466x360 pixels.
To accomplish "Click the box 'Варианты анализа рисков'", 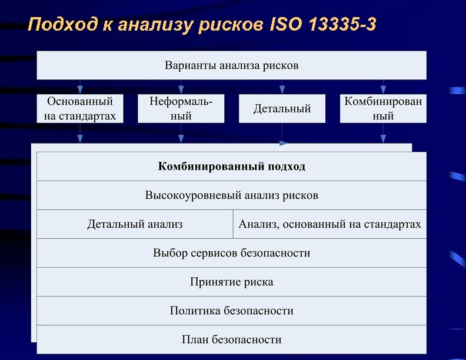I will (231, 65).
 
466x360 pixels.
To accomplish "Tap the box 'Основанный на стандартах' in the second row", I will (80, 109).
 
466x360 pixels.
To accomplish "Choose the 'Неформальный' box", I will (181, 109).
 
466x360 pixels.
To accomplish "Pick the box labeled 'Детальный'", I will (282, 109).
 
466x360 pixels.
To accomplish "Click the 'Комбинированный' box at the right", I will (383, 109).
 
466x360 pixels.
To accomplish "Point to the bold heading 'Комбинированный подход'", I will (231, 166).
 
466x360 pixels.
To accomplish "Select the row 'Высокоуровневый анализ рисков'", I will (231, 195).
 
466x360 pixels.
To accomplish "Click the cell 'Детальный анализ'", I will (135, 224).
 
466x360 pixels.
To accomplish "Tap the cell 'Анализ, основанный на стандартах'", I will (329, 224).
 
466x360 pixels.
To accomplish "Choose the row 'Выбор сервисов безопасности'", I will (231, 253).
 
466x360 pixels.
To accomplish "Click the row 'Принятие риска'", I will (231, 282).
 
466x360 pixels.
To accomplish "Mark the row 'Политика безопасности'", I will (231, 311).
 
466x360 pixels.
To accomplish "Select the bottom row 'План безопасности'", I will (231, 339).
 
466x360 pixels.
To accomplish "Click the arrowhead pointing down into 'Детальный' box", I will (282, 90).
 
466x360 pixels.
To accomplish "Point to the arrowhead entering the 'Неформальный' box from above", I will (181, 89).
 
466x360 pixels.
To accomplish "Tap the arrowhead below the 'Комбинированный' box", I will (383, 139).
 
